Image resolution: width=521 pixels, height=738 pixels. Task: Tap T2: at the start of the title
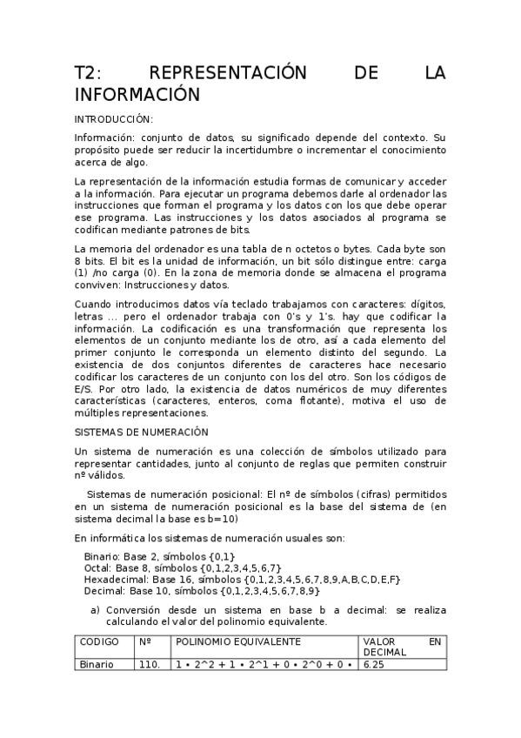pos(92,74)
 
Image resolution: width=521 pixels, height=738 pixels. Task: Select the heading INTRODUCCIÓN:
pos(114,119)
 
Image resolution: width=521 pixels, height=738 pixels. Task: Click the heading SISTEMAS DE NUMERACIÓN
pos(142,432)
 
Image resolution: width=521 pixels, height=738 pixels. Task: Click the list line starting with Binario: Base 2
pos(160,555)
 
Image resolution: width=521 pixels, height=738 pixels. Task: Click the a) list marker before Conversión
pos(96,610)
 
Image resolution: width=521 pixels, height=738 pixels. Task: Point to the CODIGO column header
pos(99,641)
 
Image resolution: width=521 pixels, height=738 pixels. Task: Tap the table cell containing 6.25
pos(375,664)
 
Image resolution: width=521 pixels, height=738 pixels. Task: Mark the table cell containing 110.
pos(150,664)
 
